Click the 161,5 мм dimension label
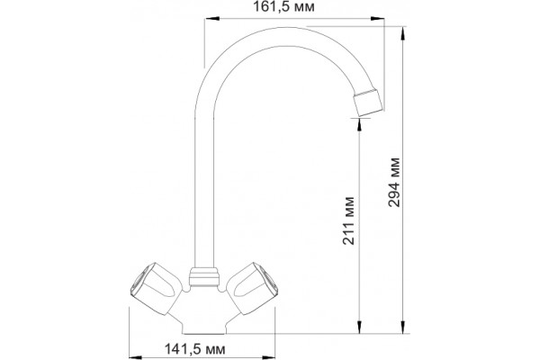tap(283, 6)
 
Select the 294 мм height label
tap(394, 182)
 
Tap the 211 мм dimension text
tap(348, 220)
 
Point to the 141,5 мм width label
tap(195, 349)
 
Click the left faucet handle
tap(156, 289)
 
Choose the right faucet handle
tap(252, 289)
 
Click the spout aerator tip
tap(368, 103)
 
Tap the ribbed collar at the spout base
tap(204, 277)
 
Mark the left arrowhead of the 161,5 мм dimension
tap(211, 19)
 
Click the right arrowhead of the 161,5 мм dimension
tap(377, 19)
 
